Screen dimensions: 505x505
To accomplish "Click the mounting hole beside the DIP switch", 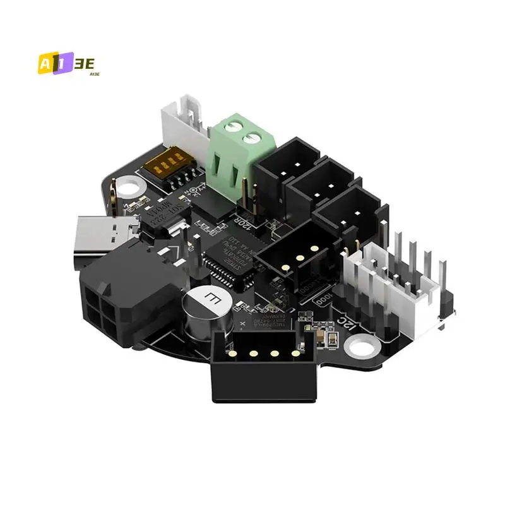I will point(129,187).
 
